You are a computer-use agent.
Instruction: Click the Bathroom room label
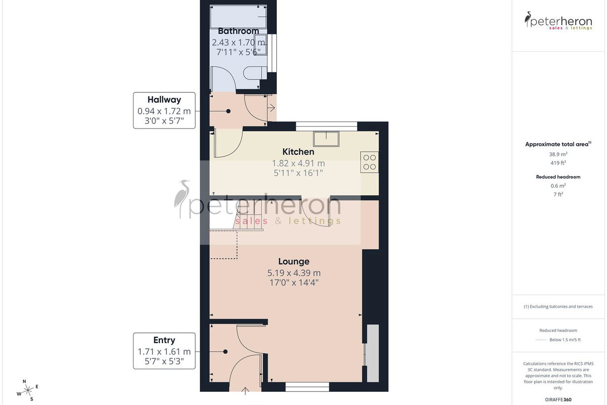tap(238, 31)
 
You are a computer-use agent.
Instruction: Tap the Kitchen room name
tap(298, 152)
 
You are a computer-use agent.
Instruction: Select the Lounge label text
tap(294, 261)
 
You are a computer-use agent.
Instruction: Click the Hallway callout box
tap(164, 110)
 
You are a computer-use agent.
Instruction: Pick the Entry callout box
tap(164, 351)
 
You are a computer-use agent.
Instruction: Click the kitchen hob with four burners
tap(369, 162)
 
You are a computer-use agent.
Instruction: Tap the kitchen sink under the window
tap(326, 139)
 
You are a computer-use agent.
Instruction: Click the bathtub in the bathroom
tap(238, 16)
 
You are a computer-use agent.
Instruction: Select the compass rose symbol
tap(28, 391)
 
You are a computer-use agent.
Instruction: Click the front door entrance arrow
tap(245, 391)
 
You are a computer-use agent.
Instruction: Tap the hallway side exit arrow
tap(271, 108)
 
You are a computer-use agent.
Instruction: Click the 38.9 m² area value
tap(558, 154)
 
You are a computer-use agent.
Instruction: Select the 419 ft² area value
tap(558, 163)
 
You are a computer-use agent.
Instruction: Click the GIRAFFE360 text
tap(558, 399)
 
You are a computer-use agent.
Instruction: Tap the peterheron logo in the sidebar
tap(558, 21)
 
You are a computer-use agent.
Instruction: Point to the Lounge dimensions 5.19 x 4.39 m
tap(294, 273)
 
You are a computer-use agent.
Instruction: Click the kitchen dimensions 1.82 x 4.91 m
tap(298, 164)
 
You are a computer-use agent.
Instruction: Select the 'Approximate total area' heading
tap(558, 144)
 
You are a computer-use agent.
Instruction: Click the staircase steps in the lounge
tap(248, 217)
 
